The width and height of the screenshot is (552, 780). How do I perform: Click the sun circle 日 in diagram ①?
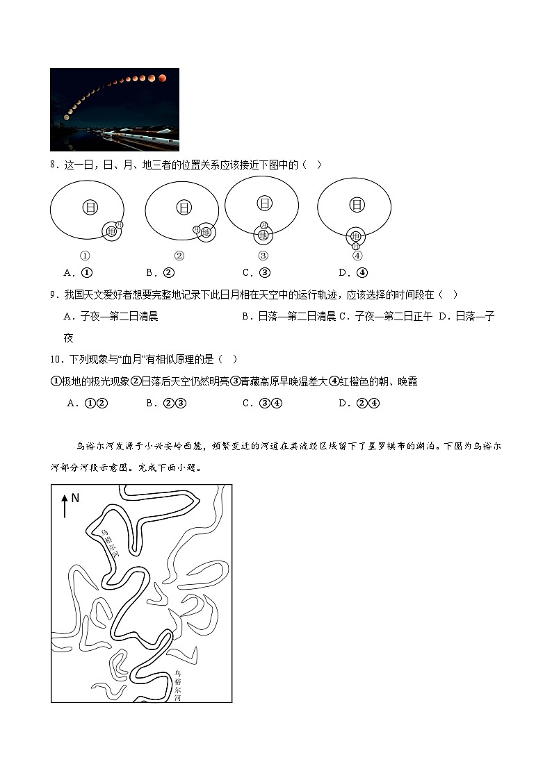click(89, 206)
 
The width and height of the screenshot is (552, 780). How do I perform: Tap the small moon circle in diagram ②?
click(197, 230)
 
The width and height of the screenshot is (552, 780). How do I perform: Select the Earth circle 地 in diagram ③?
click(263, 235)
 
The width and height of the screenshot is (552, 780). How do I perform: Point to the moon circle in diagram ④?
click(356, 246)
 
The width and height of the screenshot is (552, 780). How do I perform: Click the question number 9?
click(54, 294)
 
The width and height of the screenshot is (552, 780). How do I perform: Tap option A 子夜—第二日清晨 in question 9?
click(111, 316)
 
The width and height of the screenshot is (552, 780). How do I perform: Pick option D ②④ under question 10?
click(359, 403)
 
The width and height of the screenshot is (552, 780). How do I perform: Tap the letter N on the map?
click(76, 498)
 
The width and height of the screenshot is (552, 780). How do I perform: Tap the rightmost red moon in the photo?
click(163, 78)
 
